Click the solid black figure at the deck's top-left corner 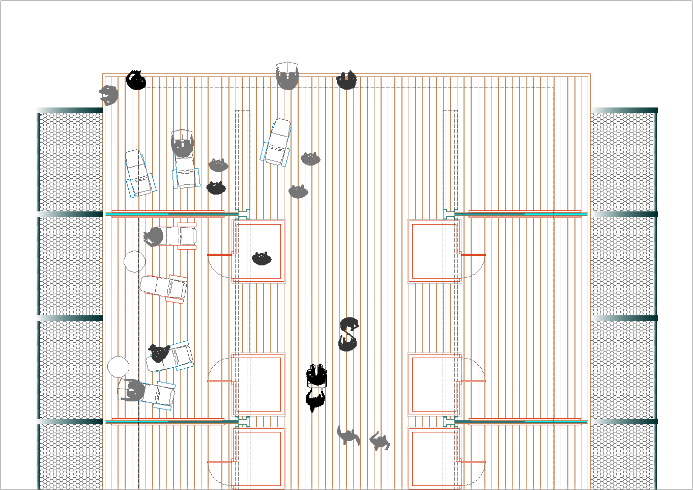click(x=136, y=80)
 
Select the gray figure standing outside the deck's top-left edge click(x=108, y=95)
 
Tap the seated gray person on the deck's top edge click(x=287, y=78)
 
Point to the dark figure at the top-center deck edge click(x=346, y=80)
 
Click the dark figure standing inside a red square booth click(x=262, y=258)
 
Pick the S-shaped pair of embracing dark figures click(x=349, y=334)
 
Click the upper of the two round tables click(x=134, y=261)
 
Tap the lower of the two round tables click(x=118, y=367)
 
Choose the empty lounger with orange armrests click(x=164, y=288)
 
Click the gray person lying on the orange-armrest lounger click(x=154, y=236)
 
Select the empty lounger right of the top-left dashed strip click(x=277, y=143)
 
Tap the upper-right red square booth click(x=434, y=251)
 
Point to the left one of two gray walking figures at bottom click(x=348, y=435)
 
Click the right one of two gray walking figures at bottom click(x=379, y=441)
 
